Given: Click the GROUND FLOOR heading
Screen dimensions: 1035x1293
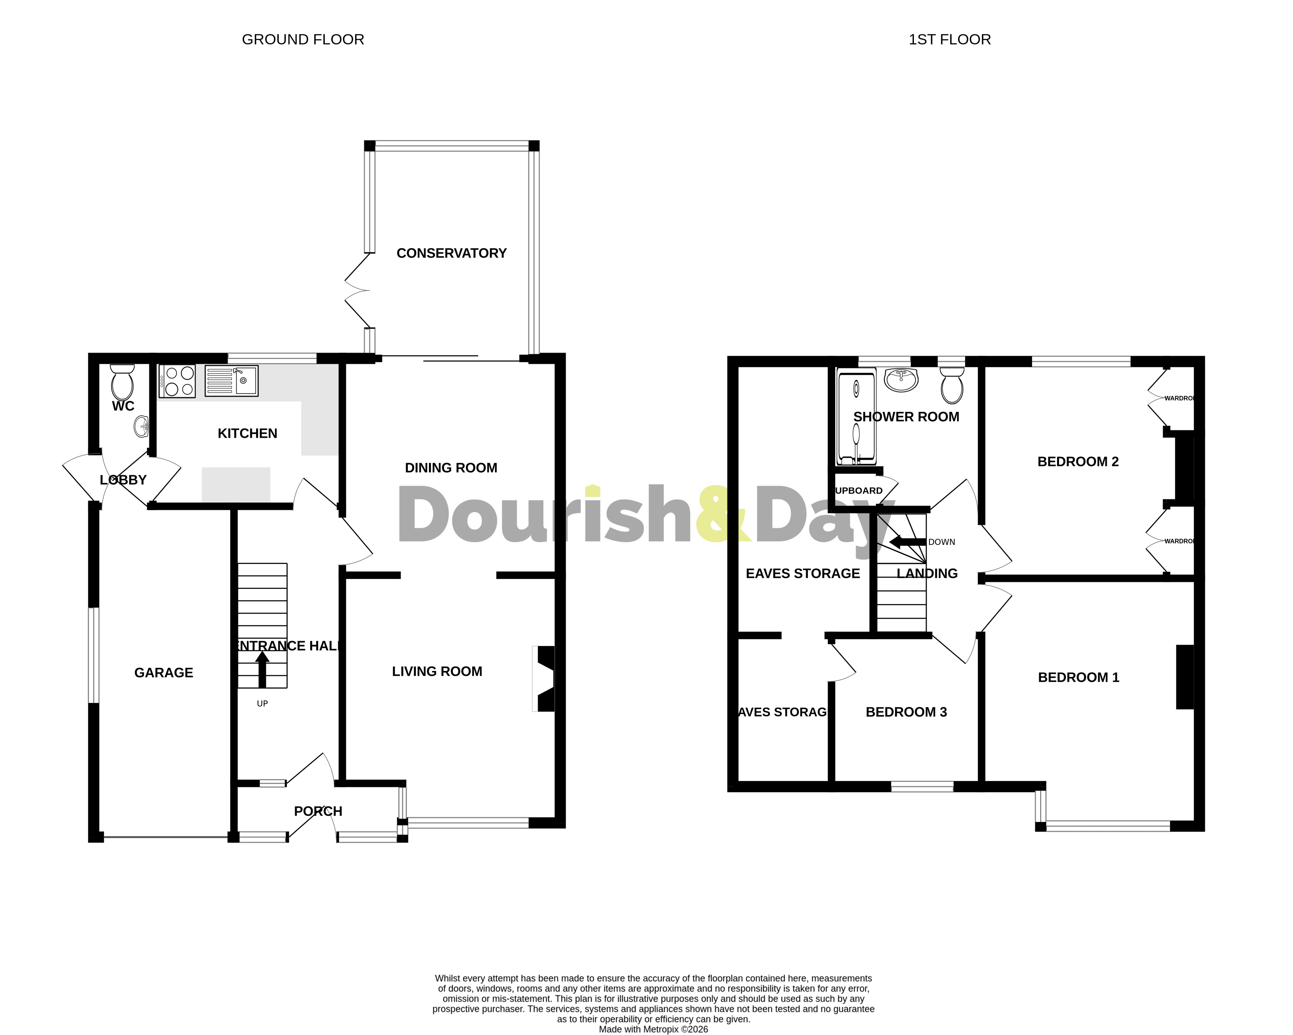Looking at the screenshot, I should [x=303, y=39].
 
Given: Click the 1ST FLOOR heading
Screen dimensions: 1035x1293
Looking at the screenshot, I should [x=949, y=39].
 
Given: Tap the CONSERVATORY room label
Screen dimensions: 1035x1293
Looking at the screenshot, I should [x=452, y=253].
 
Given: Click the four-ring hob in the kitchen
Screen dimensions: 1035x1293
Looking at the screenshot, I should [x=177, y=381].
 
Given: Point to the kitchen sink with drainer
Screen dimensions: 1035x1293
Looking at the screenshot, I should [x=232, y=381].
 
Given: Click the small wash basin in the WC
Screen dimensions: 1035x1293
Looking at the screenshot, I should [x=142, y=427].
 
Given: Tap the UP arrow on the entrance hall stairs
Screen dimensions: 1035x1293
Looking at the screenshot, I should [x=262, y=669].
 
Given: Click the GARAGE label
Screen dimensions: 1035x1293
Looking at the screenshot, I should [x=164, y=673].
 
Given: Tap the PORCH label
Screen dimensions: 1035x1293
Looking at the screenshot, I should [x=318, y=811].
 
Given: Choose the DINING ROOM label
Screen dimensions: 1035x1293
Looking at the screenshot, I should [x=451, y=468].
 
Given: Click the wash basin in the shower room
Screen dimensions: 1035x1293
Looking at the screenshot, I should [x=901, y=379].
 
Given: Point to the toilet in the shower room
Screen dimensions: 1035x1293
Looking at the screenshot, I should [x=952, y=386].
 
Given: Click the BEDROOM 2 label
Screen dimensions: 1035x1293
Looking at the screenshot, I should [x=1078, y=462].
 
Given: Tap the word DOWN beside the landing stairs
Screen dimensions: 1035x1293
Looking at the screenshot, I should [x=942, y=542].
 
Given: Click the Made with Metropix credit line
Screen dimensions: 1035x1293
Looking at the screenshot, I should [x=653, y=1029].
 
